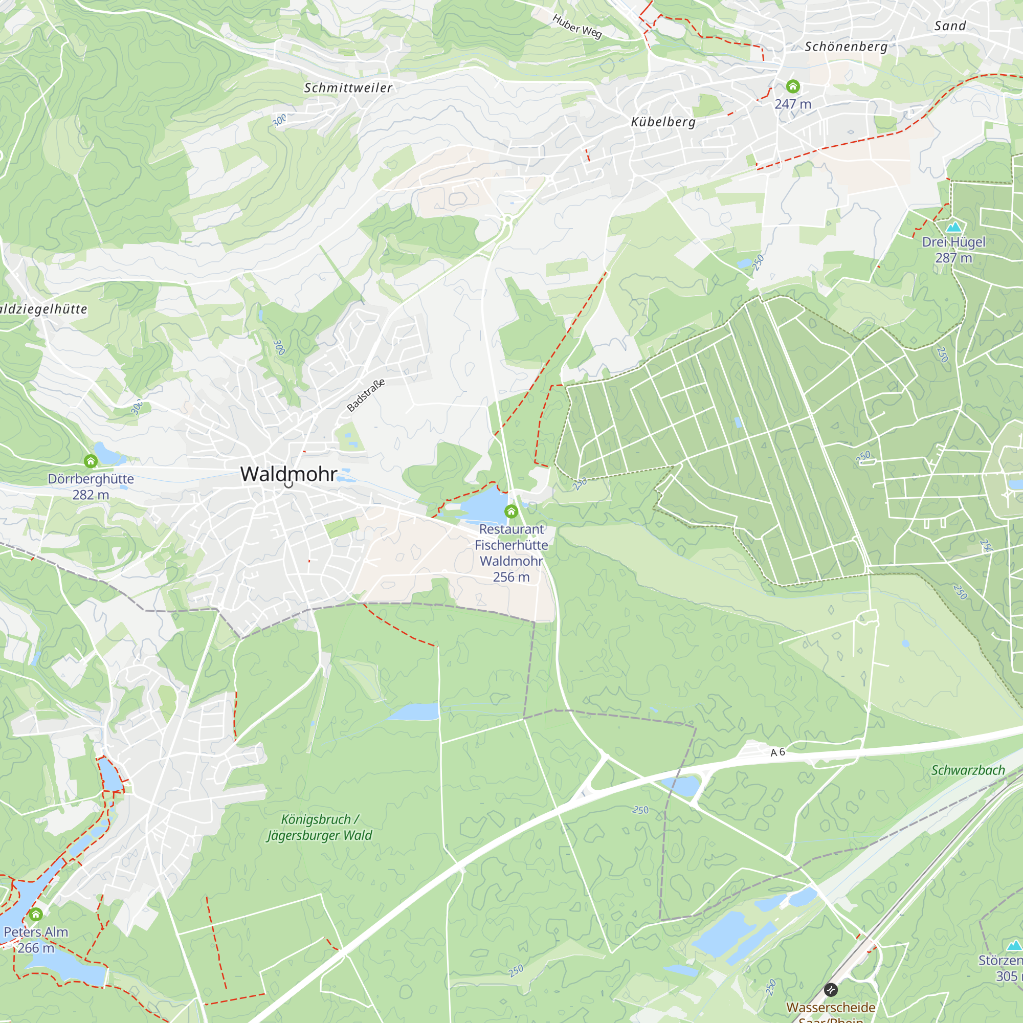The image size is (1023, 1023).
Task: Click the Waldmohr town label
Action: pos(288,474)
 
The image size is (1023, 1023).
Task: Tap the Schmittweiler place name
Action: pos(348,88)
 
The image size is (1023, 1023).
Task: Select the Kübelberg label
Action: pos(663,122)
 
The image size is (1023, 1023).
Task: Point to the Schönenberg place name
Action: pos(846,47)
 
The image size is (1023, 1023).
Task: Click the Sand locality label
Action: pos(950,26)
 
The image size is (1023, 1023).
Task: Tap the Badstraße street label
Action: pos(365,395)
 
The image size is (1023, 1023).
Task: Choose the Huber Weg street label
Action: pos(576,27)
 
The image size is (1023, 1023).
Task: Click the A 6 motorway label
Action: pos(777,752)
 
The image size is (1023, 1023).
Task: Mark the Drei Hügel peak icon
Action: pos(953,227)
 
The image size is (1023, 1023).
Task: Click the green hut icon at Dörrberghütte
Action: pos(91,462)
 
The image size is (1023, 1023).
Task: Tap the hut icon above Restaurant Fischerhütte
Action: pos(511,511)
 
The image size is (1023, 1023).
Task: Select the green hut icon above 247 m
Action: pos(793,86)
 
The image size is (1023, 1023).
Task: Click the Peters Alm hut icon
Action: pos(36,915)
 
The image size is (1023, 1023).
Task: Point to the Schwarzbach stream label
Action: pos(968,770)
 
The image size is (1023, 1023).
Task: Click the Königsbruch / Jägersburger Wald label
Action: pos(319,827)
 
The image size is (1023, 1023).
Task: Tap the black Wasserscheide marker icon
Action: pos(831,990)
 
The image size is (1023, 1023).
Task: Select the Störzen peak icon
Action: pos(1014,945)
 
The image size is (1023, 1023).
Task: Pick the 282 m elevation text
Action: pos(91,495)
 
